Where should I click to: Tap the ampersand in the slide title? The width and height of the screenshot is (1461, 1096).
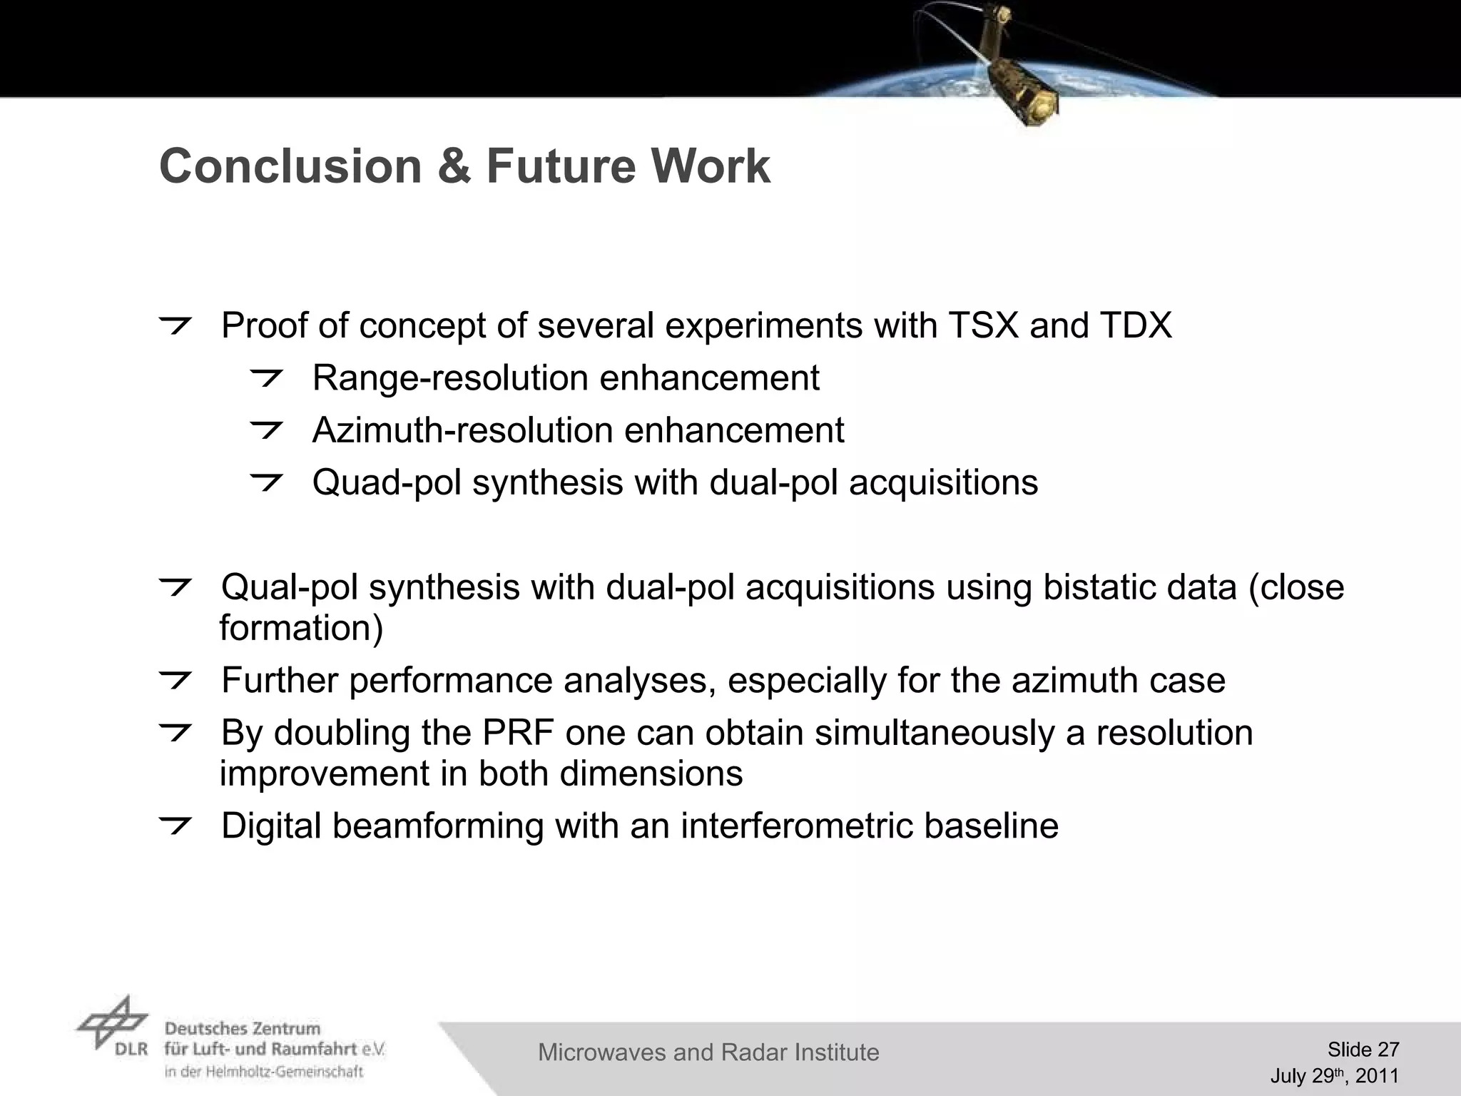454,166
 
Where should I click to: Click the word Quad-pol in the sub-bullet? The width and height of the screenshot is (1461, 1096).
386,483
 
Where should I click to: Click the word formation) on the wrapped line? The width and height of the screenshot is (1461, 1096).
301,629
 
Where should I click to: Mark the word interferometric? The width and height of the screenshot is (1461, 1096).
796,826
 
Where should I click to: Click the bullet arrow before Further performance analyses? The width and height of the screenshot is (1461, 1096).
175,681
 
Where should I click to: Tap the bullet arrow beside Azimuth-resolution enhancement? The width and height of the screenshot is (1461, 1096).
267,430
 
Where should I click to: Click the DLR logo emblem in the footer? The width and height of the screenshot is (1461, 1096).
113,1023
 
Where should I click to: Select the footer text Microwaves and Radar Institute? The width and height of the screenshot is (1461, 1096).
708,1052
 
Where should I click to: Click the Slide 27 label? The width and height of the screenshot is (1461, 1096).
1363,1049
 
